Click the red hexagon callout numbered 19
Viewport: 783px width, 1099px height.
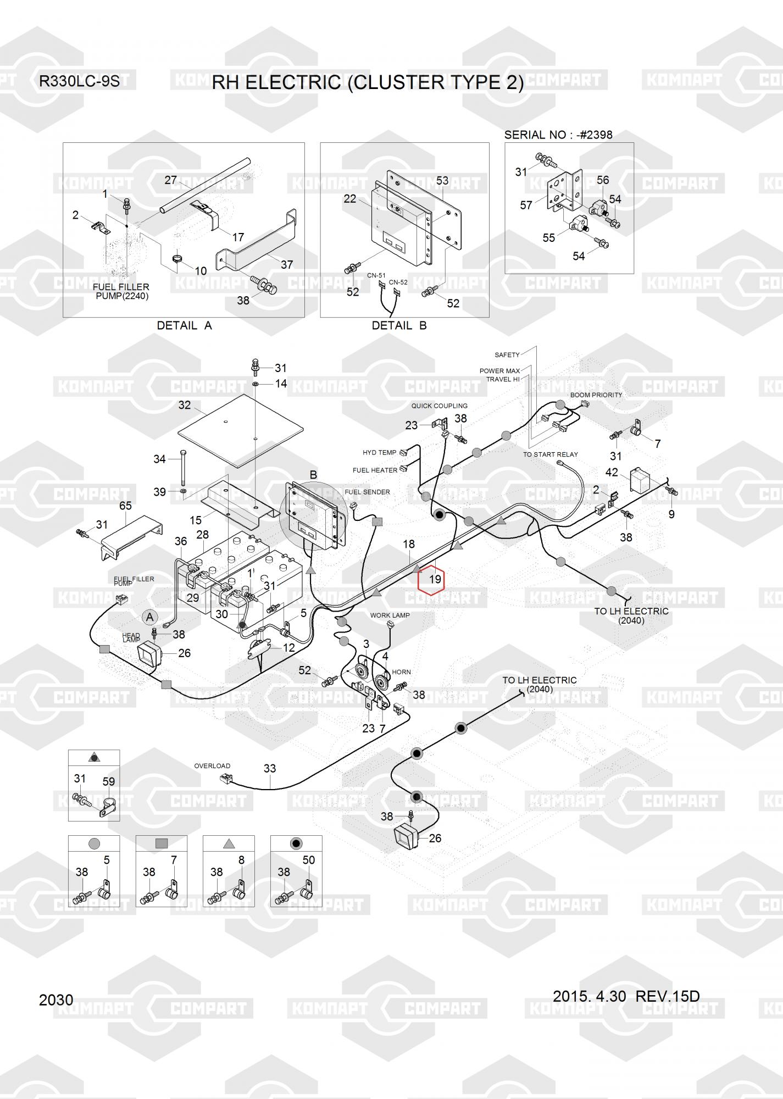coord(431,579)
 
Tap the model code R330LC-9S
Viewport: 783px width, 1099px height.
coord(79,82)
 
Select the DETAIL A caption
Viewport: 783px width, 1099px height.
coord(184,325)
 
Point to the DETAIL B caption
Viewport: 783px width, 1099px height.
coord(399,325)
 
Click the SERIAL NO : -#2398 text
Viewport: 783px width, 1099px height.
coord(558,135)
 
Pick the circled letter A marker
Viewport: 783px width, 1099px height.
coord(149,617)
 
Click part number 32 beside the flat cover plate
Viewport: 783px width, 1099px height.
coord(185,405)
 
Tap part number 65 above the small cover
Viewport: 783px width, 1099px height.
coord(125,506)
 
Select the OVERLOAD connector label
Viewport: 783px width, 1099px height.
coord(212,766)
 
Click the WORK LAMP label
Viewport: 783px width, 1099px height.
coord(390,615)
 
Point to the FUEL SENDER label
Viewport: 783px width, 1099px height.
coord(367,492)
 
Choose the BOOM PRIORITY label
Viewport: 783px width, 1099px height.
coord(596,395)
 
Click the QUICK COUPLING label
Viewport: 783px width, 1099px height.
coord(439,406)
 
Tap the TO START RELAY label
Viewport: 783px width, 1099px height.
coord(550,454)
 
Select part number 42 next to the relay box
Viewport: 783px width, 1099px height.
coord(612,473)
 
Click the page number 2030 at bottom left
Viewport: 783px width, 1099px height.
coord(56,1000)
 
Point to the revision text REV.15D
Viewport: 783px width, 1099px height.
coord(667,996)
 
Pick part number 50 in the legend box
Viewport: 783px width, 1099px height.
coord(309,860)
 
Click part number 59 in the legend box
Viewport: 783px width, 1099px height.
coord(109,781)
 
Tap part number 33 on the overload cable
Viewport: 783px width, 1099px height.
coord(269,768)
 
